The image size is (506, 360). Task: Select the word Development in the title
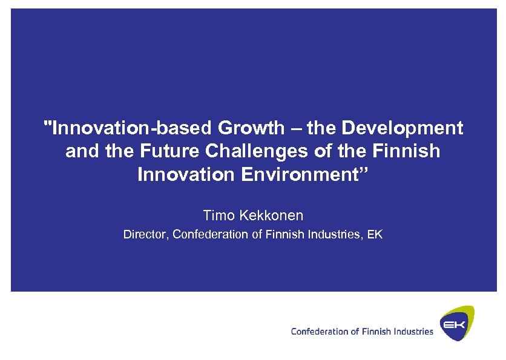(402, 128)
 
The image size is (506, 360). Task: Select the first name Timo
(217, 215)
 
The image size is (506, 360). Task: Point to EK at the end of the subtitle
(375, 234)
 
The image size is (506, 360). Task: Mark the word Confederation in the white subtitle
(210, 234)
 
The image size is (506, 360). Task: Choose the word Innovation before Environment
(186, 175)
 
